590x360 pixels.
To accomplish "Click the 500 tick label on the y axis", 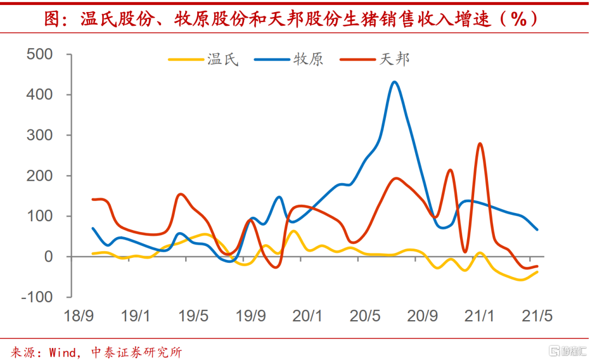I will click(39, 55).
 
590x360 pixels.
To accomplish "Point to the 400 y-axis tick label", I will click(39, 95).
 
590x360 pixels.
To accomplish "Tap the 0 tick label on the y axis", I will click(48, 257).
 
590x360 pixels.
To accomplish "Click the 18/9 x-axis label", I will click(79, 316).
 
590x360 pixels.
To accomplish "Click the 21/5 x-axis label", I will click(538, 316).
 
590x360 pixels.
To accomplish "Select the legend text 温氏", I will click(223, 59).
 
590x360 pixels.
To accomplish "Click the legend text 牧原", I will click(309, 59).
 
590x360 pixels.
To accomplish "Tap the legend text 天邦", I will click(394, 59).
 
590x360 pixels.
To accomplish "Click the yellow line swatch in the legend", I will click(185, 59).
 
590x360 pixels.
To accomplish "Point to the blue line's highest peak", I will click(394, 82).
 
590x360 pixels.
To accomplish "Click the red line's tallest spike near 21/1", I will click(480, 144).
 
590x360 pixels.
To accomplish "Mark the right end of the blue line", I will click(538, 229).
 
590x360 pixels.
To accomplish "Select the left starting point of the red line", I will click(92, 199).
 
